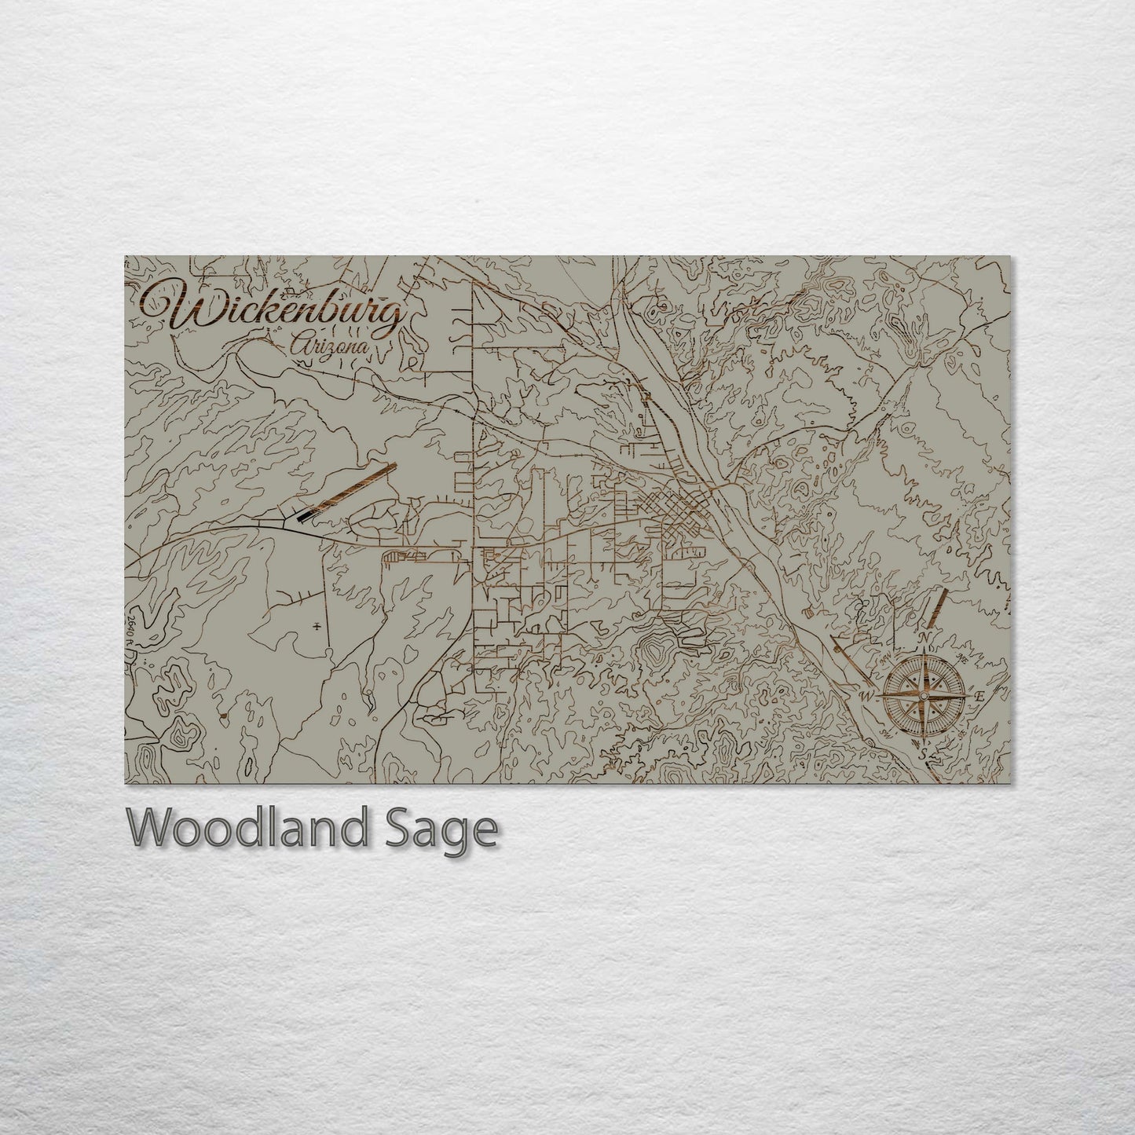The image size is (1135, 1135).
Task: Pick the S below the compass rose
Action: pyautogui.click(x=924, y=754)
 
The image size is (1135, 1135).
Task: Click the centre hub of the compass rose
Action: pyautogui.click(x=923, y=696)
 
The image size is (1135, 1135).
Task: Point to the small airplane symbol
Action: pyautogui.click(x=316, y=626)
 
